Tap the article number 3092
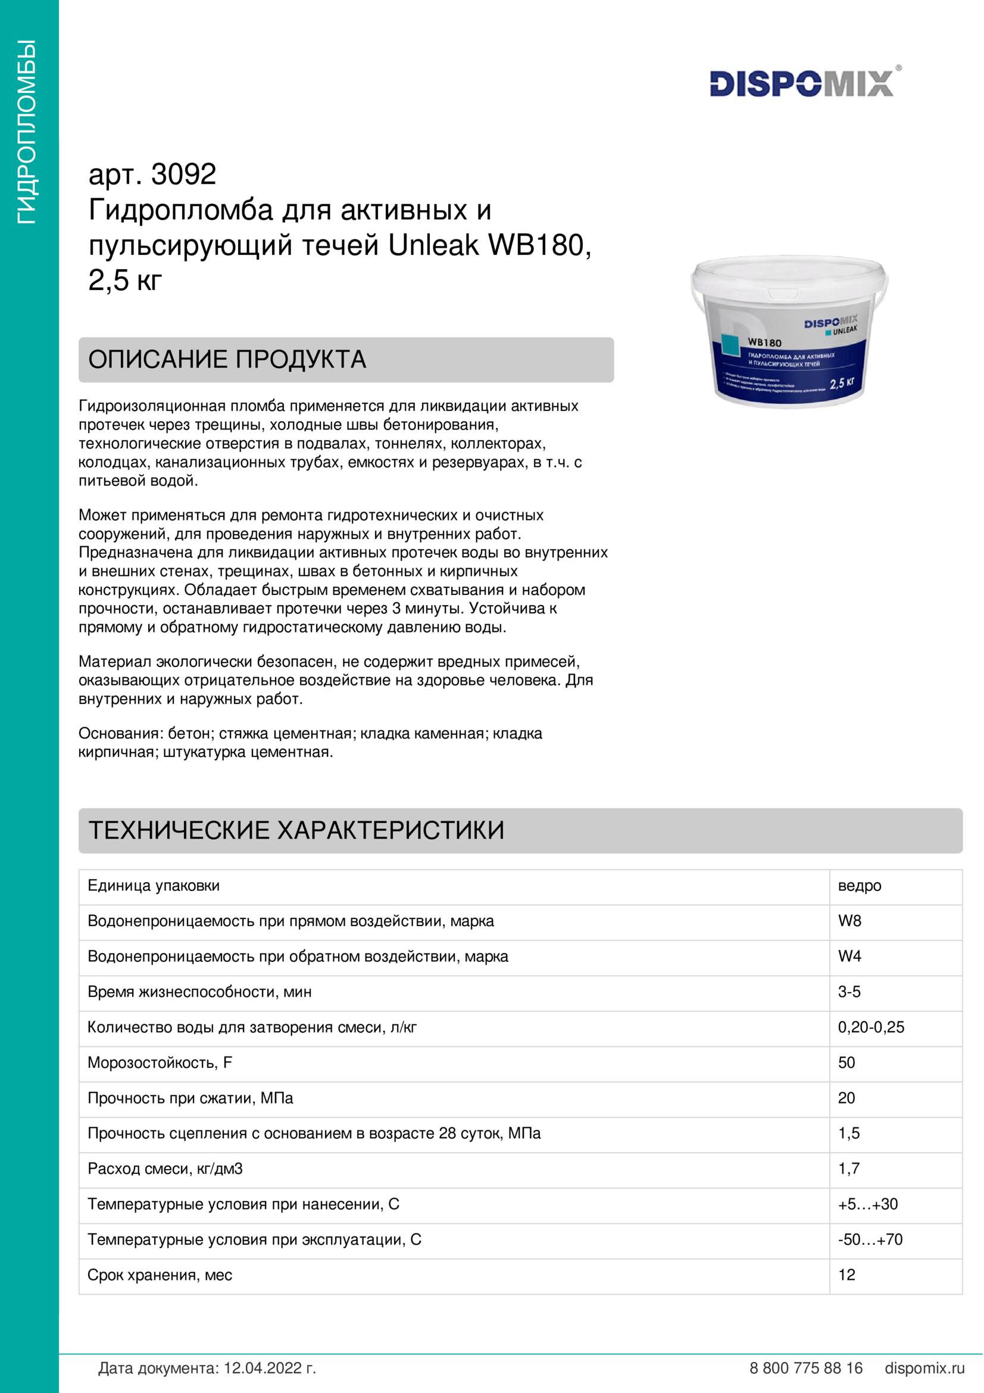183,174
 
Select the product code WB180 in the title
536,245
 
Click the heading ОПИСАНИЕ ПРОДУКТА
227,360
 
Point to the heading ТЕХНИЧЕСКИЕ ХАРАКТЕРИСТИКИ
296,831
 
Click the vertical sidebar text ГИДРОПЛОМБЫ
27,132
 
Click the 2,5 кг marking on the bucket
842,383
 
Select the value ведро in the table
859,886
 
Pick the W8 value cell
849,921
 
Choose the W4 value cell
849,956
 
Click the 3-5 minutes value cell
849,992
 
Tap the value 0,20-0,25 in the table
871,1027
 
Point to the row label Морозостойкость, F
160,1062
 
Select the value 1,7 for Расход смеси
849,1168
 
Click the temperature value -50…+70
870,1239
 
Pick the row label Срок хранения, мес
160,1274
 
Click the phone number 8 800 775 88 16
806,1368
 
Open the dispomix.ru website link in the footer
924,1368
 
